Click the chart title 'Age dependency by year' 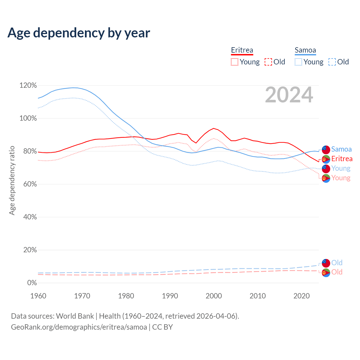(79, 33)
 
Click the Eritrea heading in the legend (242, 50)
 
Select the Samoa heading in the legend (305, 50)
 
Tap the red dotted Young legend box (234, 62)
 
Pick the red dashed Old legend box (268, 62)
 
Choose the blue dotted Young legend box (298, 62)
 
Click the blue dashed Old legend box (332, 62)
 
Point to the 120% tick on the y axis (28, 85)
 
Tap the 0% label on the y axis (32, 283)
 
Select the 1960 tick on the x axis (38, 296)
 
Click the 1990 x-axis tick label (170, 296)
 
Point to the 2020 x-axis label (301, 296)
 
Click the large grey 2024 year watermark (289, 95)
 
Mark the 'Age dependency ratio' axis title (12, 180)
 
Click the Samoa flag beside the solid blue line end (326, 149)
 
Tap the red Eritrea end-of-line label (342, 159)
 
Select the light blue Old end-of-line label (337, 263)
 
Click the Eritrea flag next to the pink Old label (326, 272)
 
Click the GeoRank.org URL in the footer (79, 327)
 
